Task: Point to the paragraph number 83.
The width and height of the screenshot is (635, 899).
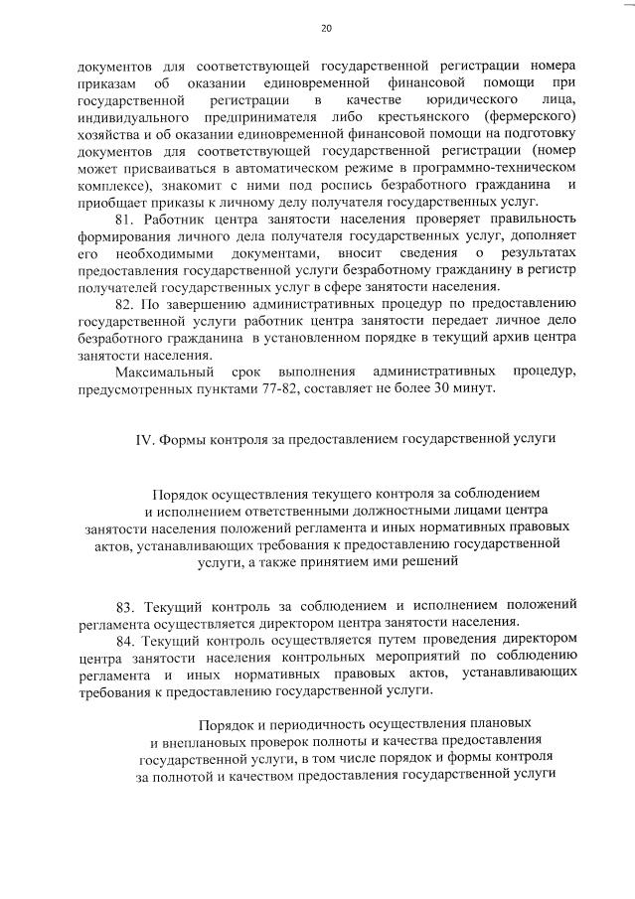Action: pos(126,606)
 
